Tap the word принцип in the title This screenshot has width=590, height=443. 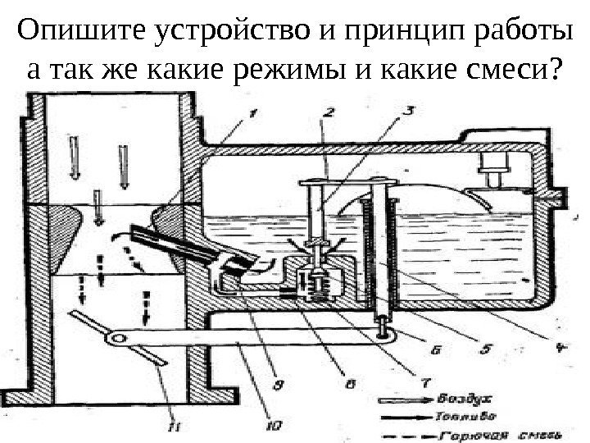tap(400, 34)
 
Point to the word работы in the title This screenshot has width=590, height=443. tap(517, 34)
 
